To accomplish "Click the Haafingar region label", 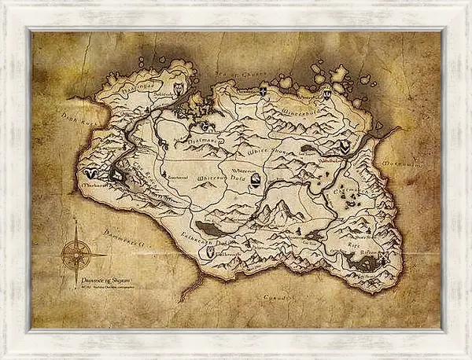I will pos(132,86).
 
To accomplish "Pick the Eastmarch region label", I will pos(348,189).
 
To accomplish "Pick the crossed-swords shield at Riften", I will pos(383,259).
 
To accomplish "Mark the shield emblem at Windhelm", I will pos(345,146).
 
